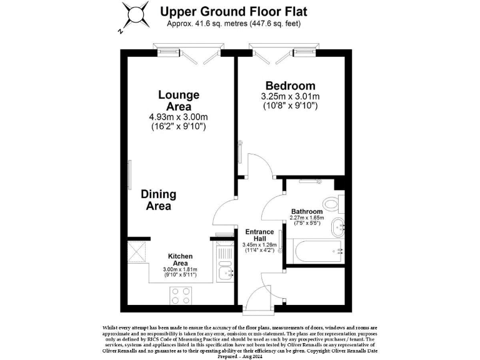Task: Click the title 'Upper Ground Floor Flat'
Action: click(234, 11)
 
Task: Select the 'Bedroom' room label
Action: click(290, 86)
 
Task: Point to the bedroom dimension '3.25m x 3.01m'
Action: click(290, 96)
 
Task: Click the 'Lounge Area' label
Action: click(178, 101)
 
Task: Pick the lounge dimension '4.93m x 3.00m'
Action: click(178, 117)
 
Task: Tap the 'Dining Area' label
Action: click(158, 199)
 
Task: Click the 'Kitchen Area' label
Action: click(180, 259)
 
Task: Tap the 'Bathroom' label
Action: click(307, 211)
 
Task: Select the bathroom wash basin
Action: click(337, 226)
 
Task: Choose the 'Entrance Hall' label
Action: click(255, 235)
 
